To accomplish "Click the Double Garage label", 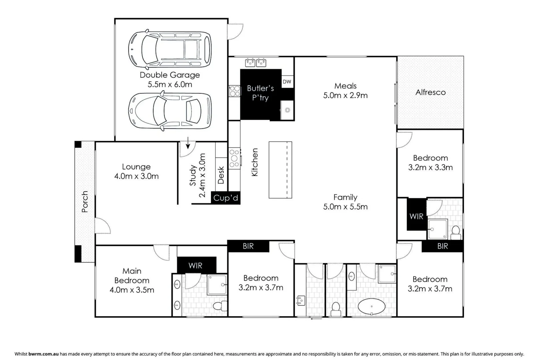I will tap(170, 75).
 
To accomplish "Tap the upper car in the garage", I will tap(170, 49).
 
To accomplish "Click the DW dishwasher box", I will tap(287, 82).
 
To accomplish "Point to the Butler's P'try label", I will tap(260, 93).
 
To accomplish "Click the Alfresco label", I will tap(430, 92).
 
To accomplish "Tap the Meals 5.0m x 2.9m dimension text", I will tap(345, 95).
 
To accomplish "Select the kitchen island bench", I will tap(280, 170).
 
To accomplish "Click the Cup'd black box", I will tap(226, 198).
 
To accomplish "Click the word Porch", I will tap(85, 201).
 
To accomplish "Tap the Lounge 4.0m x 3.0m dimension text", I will tap(136, 176).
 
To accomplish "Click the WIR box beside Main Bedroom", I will tap(195, 265).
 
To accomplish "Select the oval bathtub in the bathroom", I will tap(371, 306).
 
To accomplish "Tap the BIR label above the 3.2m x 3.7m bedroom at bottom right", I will tap(443, 246).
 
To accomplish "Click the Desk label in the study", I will tap(221, 175).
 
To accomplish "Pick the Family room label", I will tap(345, 197).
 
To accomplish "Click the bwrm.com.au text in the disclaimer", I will tap(44, 354).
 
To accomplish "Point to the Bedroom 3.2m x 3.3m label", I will tap(430, 163).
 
